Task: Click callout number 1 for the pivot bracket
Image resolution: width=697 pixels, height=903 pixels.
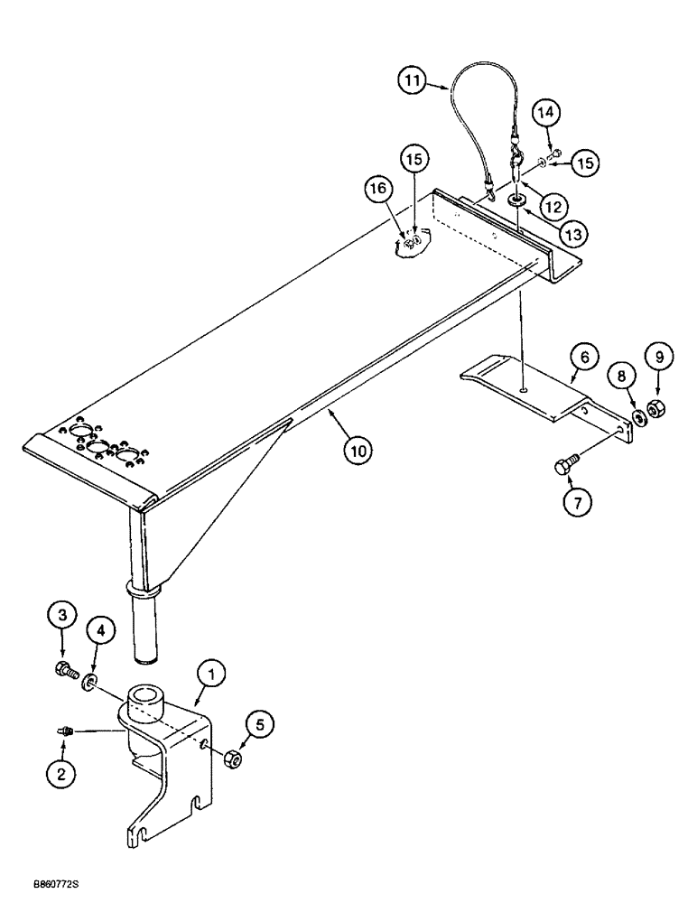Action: click(x=213, y=675)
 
